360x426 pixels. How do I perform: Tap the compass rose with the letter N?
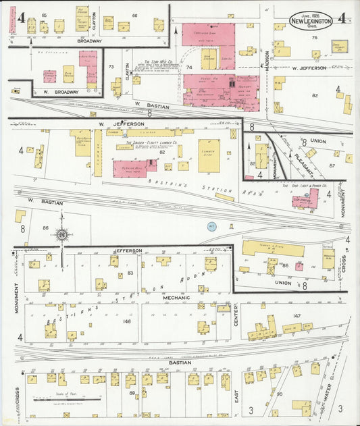[62, 235]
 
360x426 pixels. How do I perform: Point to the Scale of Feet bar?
[68, 400]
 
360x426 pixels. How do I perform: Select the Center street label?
[236, 315]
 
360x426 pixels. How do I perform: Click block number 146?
[126, 321]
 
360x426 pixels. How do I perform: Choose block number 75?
[313, 38]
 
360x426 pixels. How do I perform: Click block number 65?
[45, 15]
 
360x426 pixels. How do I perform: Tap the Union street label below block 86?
[283, 283]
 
